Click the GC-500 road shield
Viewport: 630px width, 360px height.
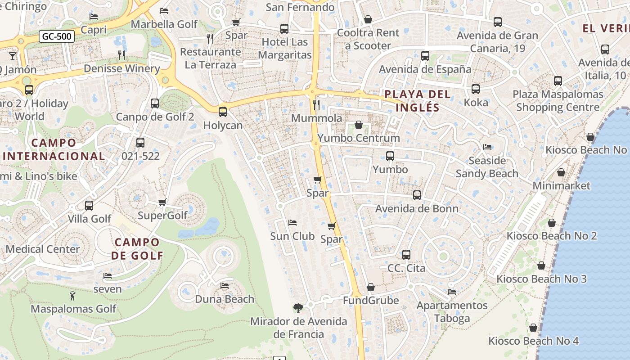point(56,36)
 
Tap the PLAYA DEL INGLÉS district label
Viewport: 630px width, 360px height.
point(417,101)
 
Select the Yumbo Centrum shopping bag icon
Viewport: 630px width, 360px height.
point(359,125)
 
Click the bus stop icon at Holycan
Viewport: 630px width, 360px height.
point(223,112)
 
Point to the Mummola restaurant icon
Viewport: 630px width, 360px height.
point(316,105)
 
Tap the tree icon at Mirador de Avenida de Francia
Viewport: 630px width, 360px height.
point(298,308)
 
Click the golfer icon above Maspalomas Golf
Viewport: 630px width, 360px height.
point(73,296)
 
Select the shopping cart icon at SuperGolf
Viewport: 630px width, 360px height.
point(162,202)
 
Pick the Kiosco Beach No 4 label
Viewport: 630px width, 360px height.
point(533,341)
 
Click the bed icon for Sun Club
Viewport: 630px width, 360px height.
point(292,223)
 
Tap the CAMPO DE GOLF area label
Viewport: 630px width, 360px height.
point(137,249)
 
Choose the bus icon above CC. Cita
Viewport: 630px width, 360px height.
point(406,255)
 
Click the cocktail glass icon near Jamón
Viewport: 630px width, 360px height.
point(13,56)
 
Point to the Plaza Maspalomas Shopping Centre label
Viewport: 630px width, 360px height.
point(558,101)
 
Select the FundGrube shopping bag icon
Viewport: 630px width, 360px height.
point(371,287)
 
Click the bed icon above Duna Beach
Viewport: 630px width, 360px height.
point(225,286)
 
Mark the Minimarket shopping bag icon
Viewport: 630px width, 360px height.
point(561,172)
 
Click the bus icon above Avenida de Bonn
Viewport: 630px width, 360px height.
point(417,195)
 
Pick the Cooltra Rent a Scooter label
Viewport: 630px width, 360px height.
point(368,39)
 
